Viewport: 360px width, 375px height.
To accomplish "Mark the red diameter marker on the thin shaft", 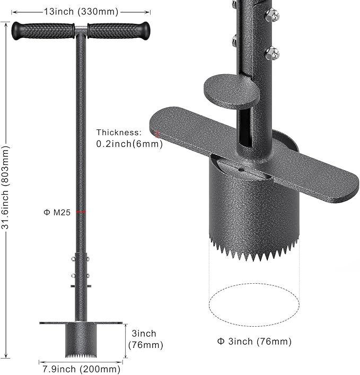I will [81, 212].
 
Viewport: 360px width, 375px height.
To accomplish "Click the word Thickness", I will [119, 132].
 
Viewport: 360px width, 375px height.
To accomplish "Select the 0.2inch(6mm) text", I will [129, 144].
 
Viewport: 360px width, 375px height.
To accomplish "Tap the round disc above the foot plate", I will [232, 89].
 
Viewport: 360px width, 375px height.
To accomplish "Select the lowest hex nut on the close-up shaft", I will [272, 53].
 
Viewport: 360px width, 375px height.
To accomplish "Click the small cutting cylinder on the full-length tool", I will [81, 338].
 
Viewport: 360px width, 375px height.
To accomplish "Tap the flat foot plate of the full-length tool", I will [81, 322].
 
